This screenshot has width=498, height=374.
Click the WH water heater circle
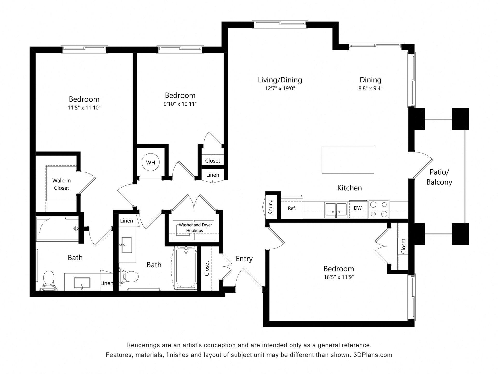[x=150, y=163]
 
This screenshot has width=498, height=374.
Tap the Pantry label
[x=271, y=207]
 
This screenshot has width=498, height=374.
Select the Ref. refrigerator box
[x=292, y=208]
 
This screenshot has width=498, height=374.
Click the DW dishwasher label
[x=358, y=208]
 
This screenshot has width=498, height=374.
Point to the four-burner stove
[x=379, y=209]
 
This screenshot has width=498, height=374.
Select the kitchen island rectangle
[x=348, y=160]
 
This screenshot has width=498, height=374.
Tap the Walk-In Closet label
[x=61, y=184]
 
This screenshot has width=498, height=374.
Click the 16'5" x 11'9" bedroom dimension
[x=339, y=277]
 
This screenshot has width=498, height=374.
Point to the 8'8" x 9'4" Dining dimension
[x=370, y=88]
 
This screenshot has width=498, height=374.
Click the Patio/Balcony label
[x=439, y=177]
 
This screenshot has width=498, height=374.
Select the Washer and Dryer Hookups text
[x=195, y=228]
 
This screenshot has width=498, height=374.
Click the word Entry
[x=244, y=259]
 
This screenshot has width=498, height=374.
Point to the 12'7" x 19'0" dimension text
[x=280, y=88]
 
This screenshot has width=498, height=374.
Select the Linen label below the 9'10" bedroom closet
[x=212, y=175]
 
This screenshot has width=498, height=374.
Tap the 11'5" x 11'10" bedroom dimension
[x=84, y=108]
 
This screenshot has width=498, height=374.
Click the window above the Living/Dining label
[x=280, y=24]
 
